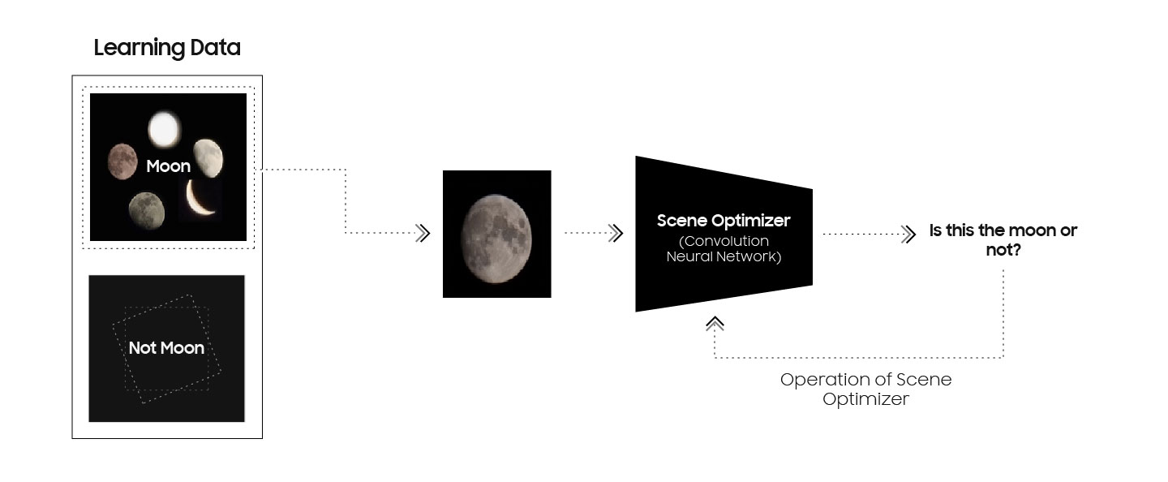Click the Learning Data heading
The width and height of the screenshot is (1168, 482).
[167, 48]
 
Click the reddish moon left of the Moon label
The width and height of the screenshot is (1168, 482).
[122, 160]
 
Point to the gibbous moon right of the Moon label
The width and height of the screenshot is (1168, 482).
[208, 157]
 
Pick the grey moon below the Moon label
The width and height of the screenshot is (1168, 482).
[146, 210]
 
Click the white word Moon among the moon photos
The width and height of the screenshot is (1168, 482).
[168, 166]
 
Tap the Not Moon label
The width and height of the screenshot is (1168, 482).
[166, 348]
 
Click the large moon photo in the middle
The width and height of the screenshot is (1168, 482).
[496, 234]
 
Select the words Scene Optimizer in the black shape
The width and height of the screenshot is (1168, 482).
[723, 221]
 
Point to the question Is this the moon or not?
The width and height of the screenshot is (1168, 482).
[1003, 239]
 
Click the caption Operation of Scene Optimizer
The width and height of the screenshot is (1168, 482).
[865, 389]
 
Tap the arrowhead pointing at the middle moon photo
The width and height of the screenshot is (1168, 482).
[422, 234]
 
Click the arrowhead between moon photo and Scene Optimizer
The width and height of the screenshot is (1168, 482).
[616, 234]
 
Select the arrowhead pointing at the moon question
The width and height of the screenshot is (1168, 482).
[908, 235]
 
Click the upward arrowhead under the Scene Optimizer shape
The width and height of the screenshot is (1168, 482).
[715, 324]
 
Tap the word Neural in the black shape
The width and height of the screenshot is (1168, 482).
[693, 256]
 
